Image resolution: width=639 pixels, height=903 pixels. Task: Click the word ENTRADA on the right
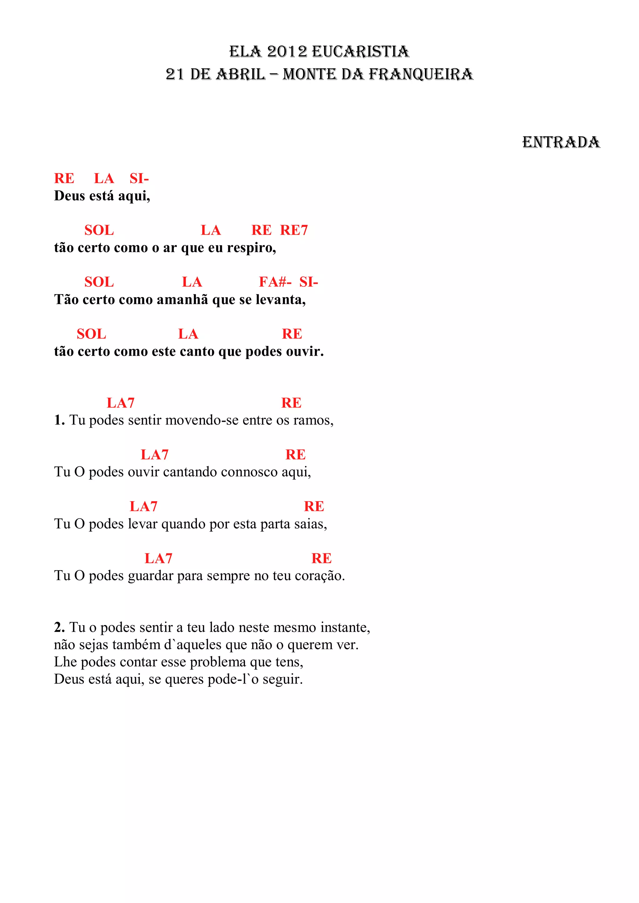coord(561,142)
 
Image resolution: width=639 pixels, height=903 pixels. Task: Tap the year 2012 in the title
coord(287,51)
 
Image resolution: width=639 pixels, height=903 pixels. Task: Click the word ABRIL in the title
coord(241,74)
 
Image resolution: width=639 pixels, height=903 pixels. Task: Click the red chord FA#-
coord(275,282)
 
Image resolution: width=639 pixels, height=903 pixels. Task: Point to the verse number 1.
coord(59,420)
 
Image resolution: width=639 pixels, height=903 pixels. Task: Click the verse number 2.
coord(59,627)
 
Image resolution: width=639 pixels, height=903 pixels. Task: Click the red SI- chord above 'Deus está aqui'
coord(139,179)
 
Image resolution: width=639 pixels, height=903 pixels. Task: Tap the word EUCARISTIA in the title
coord(360,51)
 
